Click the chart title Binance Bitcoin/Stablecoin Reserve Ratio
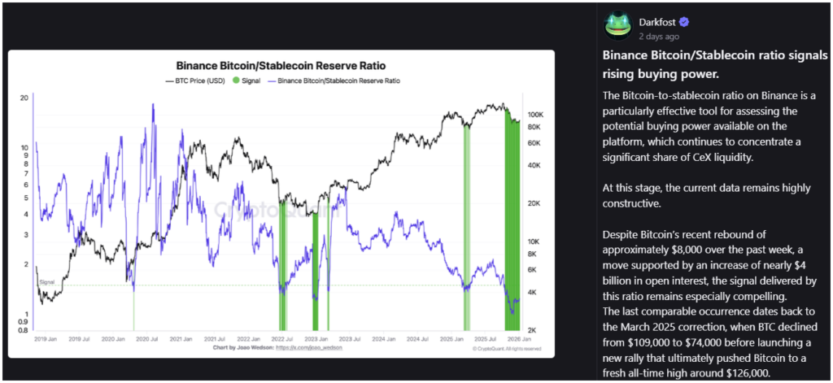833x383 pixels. click(x=281, y=65)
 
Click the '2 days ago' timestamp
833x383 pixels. click(x=660, y=37)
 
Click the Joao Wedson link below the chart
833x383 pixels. click(x=310, y=347)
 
